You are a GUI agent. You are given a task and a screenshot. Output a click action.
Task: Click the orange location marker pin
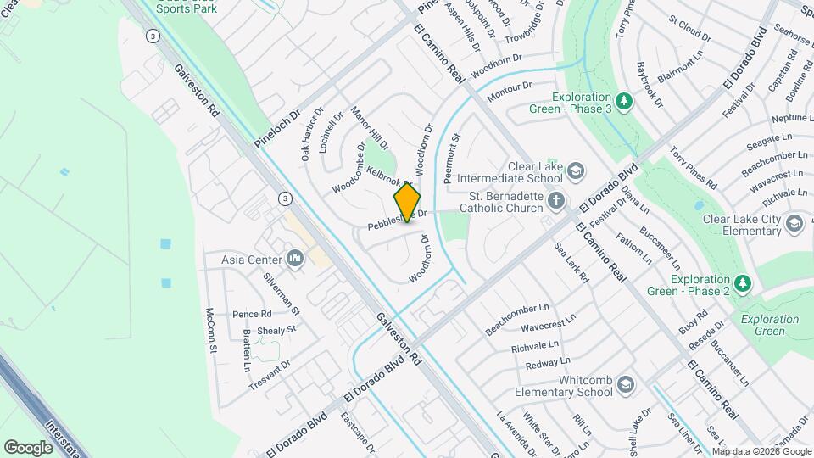(407, 202)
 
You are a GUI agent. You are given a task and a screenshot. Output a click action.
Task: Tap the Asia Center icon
(295, 259)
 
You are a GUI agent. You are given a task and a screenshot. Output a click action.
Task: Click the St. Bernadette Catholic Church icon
(556, 201)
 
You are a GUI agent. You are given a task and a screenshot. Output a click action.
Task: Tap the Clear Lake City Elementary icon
(794, 224)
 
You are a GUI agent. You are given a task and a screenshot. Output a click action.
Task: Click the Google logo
(28, 447)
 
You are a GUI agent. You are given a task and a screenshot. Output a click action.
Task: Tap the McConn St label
(210, 330)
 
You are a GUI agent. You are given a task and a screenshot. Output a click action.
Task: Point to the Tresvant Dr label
(270, 376)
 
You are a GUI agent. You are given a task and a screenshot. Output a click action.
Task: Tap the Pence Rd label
(252, 314)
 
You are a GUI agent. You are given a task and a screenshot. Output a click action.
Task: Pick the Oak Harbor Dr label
(312, 133)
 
